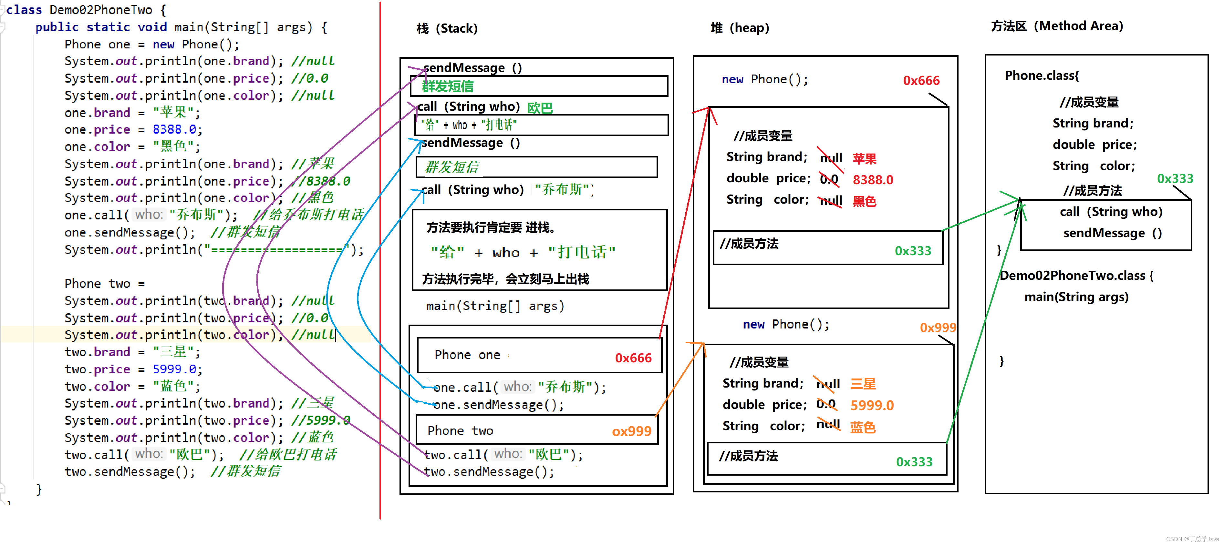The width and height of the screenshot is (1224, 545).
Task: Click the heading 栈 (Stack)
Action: (x=447, y=28)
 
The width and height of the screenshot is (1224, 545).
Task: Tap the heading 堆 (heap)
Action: (x=740, y=28)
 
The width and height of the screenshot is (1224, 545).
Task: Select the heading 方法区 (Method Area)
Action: (x=1057, y=26)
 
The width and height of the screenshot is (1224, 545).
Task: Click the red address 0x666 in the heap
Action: (x=921, y=81)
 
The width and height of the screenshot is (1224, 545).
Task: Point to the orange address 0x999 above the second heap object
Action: (x=938, y=328)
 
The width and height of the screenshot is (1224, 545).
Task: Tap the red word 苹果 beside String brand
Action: (x=864, y=158)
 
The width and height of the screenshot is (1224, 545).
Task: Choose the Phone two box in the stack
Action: (x=537, y=430)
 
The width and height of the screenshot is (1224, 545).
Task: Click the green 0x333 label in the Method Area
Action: (x=1175, y=179)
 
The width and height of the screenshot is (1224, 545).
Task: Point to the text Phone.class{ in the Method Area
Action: (x=1042, y=76)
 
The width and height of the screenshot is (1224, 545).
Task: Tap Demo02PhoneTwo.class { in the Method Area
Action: (x=1076, y=276)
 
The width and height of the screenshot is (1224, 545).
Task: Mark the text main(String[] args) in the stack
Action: (x=495, y=306)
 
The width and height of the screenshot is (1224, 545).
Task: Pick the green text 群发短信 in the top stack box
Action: (x=448, y=86)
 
